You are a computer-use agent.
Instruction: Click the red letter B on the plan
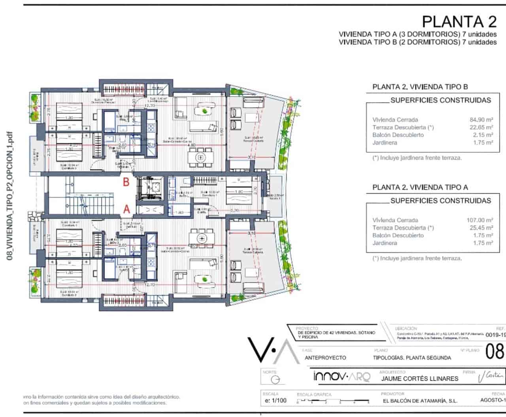[x=126, y=182]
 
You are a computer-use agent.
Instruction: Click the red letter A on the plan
[x=126, y=209]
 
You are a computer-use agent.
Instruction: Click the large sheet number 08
[x=495, y=351]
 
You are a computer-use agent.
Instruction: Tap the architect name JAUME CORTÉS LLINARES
[x=420, y=378]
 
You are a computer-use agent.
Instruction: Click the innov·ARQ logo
[x=342, y=377]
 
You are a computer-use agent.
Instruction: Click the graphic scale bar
[x=333, y=401]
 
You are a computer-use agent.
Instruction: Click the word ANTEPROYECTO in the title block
[x=325, y=358]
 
